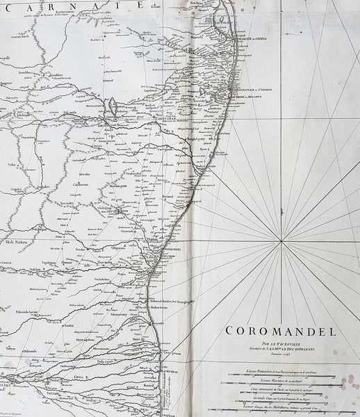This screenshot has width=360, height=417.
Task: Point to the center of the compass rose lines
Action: (281, 241)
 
